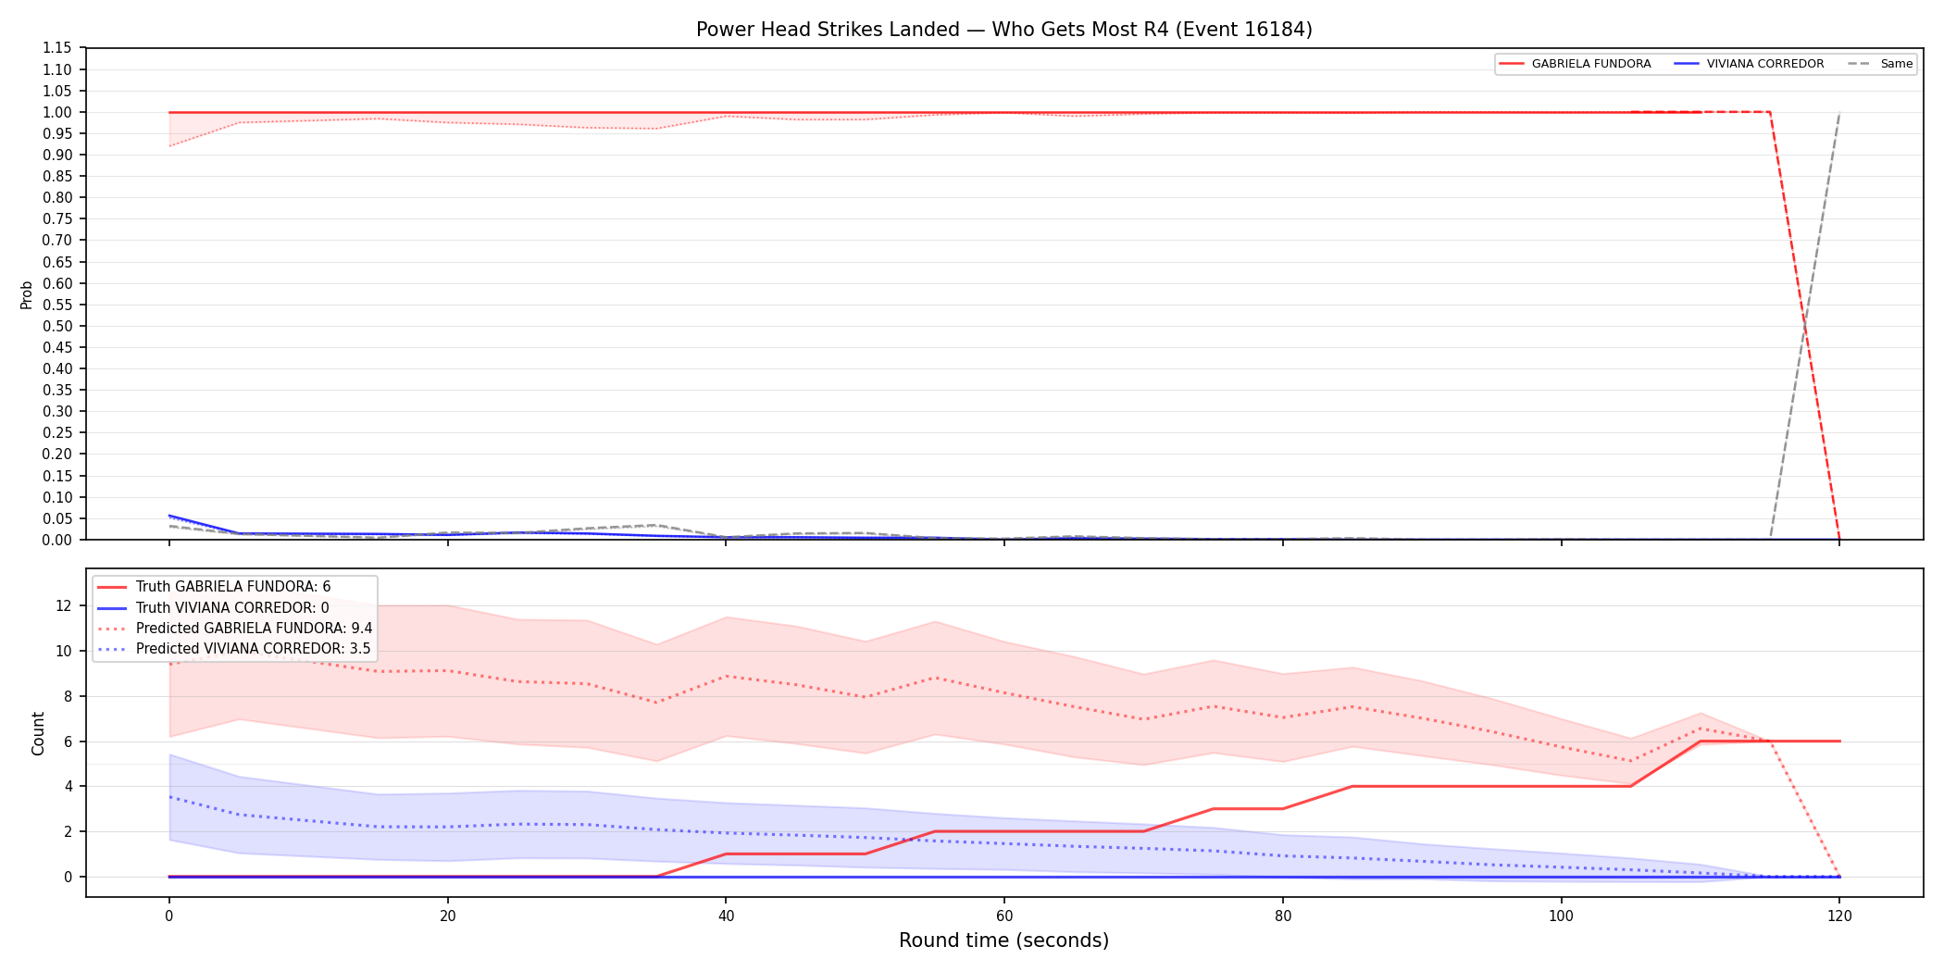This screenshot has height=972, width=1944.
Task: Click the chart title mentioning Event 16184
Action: pos(1004,30)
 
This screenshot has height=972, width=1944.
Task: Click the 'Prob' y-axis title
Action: pos(27,294)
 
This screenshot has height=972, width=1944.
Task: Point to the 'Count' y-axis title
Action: pos(38,733)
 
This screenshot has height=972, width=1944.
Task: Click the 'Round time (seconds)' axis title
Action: pos(1004,941)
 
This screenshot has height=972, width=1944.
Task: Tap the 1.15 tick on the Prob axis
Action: pos(57,48)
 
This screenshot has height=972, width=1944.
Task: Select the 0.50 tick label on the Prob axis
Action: pos(57,326)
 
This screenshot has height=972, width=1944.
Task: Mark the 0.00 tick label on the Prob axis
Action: pos(57,540)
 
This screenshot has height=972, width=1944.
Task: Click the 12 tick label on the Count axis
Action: pos(64,606)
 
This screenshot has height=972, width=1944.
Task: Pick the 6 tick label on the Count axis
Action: pos(68,741)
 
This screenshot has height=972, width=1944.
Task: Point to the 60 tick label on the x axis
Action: pos(1004,916)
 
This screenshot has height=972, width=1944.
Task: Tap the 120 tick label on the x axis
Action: pos(1839,916)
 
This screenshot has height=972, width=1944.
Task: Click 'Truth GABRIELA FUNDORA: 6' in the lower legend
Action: pos(233,587)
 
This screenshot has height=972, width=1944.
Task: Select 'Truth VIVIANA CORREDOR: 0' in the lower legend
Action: pos(232,608)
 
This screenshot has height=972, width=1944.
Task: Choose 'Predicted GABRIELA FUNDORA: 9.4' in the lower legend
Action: pos(255,629)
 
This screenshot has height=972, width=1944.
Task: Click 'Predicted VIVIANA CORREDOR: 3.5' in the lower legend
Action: pos(254,649)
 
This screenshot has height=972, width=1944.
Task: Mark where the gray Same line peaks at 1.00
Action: pos(1839,113)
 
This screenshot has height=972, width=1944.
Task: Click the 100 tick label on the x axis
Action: pos(1561,916)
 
